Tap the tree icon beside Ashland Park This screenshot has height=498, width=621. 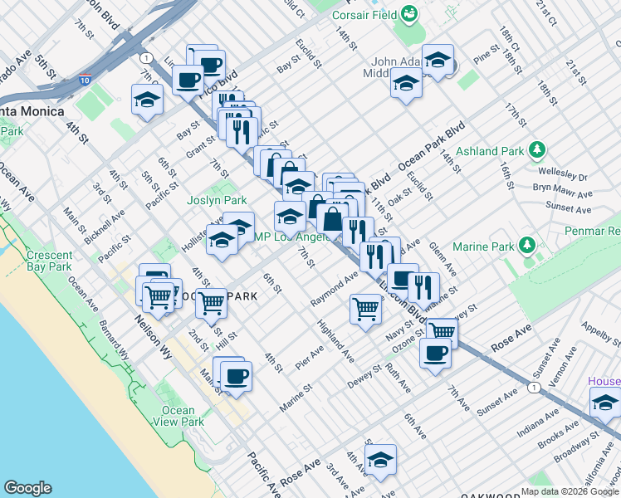click(538, 150)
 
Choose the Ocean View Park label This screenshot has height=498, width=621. click(178, 416)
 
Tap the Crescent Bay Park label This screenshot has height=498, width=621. click(49, 261)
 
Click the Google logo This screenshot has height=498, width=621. click(27, 488)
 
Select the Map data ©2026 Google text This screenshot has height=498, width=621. click(570, 491)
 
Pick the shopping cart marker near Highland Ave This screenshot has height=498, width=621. click(365, 309)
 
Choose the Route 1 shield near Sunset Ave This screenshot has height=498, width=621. click(533, 388)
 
